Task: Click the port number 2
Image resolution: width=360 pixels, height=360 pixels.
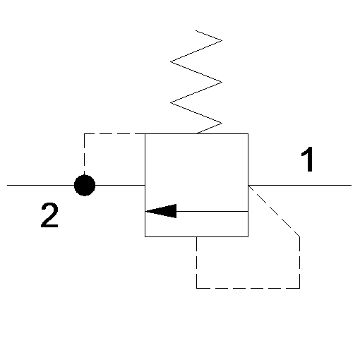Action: pos(49,215)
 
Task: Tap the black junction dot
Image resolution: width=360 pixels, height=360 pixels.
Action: pos(85,185)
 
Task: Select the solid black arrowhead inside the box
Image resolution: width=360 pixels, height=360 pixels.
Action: pos(161,211)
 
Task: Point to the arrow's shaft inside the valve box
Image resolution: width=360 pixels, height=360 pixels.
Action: pos(212,211)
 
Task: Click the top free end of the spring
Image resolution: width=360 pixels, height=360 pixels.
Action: pos(196,30)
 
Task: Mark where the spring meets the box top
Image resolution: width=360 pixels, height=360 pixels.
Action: pos(197,133)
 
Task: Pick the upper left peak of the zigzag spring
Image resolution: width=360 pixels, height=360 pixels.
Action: pos(170,62)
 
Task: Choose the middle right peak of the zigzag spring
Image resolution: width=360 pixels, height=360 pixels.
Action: pos(222,82)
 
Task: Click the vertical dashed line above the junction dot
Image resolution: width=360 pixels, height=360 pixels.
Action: pos(84,154)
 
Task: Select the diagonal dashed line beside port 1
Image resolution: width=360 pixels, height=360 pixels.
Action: pos(274,211)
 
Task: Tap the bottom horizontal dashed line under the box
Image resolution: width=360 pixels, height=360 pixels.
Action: pos(248,288)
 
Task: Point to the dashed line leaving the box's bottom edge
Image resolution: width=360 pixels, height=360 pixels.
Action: pos(196,263)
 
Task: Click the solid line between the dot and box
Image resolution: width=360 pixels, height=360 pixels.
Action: pos(120,185)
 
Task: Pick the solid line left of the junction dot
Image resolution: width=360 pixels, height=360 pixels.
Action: pos(40,185)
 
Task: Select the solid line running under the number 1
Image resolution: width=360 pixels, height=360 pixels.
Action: pos(300,185)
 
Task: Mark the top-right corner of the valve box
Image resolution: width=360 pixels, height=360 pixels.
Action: pos(248,133)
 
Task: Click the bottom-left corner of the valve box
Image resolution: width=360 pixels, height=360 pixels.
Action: pos(145,236)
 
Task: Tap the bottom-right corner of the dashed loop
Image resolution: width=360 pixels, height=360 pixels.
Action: pos(299,288)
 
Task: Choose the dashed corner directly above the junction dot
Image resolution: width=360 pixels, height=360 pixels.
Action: pos(84,133)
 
